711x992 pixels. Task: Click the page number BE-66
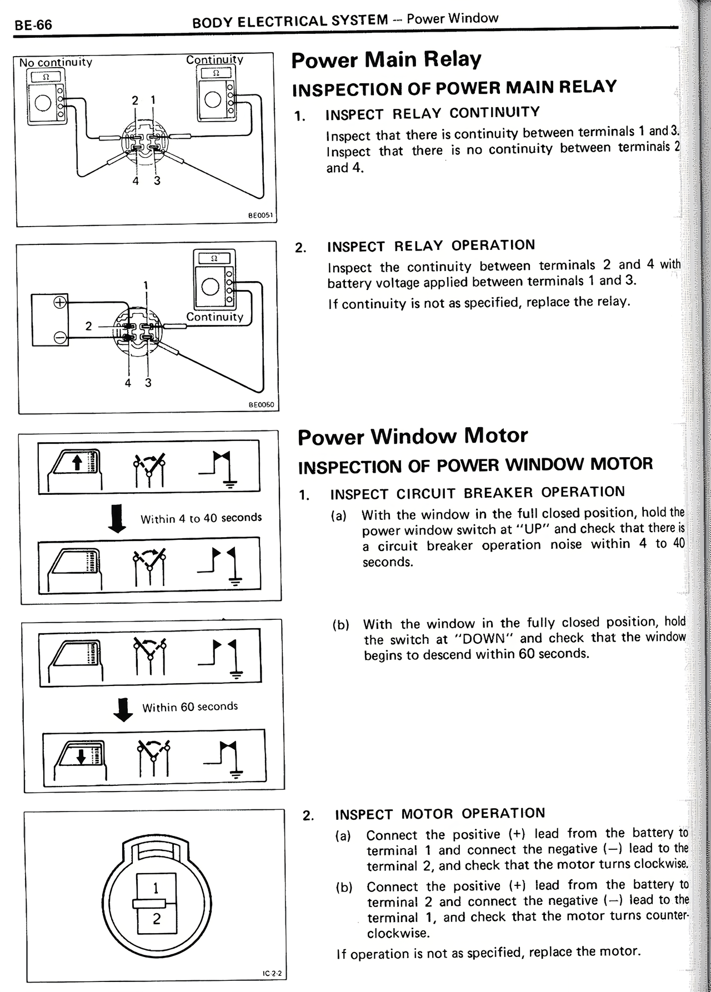pos(33,26)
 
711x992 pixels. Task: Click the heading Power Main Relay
pos(386,59)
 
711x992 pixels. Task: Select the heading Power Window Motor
pos(412,436)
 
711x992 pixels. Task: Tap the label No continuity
pos(56,62)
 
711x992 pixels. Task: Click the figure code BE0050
pos(261,405)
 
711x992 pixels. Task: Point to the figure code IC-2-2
pos(272,974)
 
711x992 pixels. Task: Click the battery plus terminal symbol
pos(59,303)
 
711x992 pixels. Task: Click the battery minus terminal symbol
pos(59,337)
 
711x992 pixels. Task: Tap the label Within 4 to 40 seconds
pos(201,518)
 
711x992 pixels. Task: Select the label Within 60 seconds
pos(190,707)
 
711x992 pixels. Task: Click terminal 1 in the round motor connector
pos(156,888)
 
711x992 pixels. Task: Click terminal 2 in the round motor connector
pos(156,919)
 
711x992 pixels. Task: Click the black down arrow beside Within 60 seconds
pos(123,709)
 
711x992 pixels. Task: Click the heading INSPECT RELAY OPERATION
pos(431,246)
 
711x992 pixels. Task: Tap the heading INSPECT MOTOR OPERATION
pos(440,814)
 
